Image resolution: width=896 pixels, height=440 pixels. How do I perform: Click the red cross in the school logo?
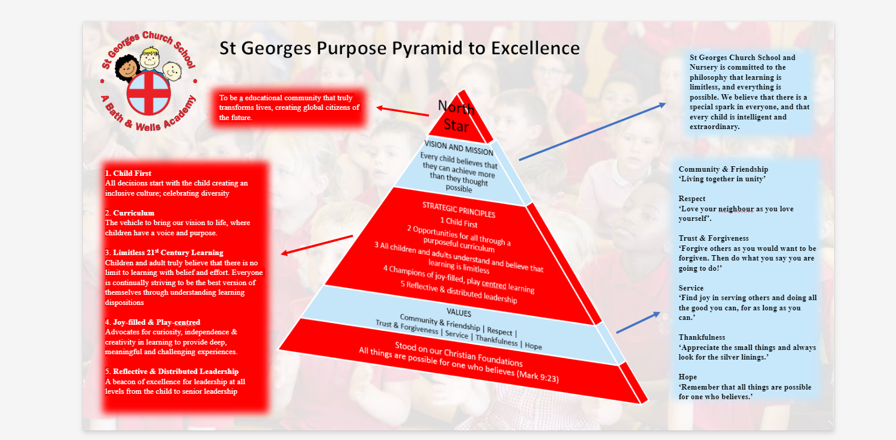149,94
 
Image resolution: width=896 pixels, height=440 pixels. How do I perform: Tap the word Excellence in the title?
535,48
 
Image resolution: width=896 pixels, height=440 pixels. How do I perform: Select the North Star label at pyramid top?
456,116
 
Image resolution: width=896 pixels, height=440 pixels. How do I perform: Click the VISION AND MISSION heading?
459,148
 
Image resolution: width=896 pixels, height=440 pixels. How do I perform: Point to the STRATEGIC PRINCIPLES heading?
459,209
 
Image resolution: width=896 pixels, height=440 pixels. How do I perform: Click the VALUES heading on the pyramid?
459,312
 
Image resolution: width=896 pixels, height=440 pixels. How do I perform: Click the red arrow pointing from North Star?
403,111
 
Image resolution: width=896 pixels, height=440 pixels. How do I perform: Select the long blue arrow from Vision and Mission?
593,131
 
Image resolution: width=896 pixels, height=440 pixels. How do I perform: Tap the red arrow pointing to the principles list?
317,245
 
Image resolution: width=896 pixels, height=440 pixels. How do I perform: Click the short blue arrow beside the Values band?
638,322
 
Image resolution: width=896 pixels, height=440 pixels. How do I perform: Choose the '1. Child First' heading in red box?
128,173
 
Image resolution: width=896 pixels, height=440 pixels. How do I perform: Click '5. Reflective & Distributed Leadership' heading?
172,371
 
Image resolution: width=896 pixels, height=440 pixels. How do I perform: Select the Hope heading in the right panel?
687,377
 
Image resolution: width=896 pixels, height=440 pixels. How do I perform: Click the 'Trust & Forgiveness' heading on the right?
713,238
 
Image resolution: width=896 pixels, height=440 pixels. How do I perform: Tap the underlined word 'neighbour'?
736,209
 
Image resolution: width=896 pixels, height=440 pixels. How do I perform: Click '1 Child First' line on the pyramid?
459,222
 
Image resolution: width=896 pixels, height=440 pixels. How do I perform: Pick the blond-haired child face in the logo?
150,58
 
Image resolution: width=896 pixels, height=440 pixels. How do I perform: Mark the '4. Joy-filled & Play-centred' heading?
153,322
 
